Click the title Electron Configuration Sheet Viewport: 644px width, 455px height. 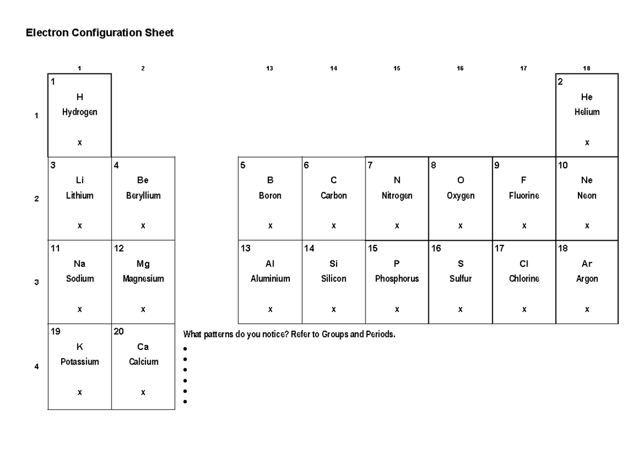(100, 33)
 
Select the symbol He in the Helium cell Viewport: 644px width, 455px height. (587, 97)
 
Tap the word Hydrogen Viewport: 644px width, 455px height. (79, 113)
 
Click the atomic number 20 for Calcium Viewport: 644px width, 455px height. (119, 332)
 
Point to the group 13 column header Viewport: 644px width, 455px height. (270, 68)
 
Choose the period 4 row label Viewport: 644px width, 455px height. (36, 367)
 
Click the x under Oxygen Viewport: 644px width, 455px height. (460, 226)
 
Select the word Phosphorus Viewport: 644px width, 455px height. (397, 279)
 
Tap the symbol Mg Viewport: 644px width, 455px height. (143, 264)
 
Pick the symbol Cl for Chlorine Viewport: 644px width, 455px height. (524, 264)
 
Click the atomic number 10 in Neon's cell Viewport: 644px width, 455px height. (563, 165)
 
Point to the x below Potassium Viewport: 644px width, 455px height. (79, 393)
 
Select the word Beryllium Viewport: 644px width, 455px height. (143, 196)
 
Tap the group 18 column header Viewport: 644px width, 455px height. (587, 68)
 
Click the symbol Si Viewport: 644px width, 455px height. (333, 264)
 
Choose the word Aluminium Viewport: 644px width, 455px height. (270, 279)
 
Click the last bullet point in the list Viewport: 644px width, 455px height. (185, 401)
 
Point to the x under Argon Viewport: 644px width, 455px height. (587, 309)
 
